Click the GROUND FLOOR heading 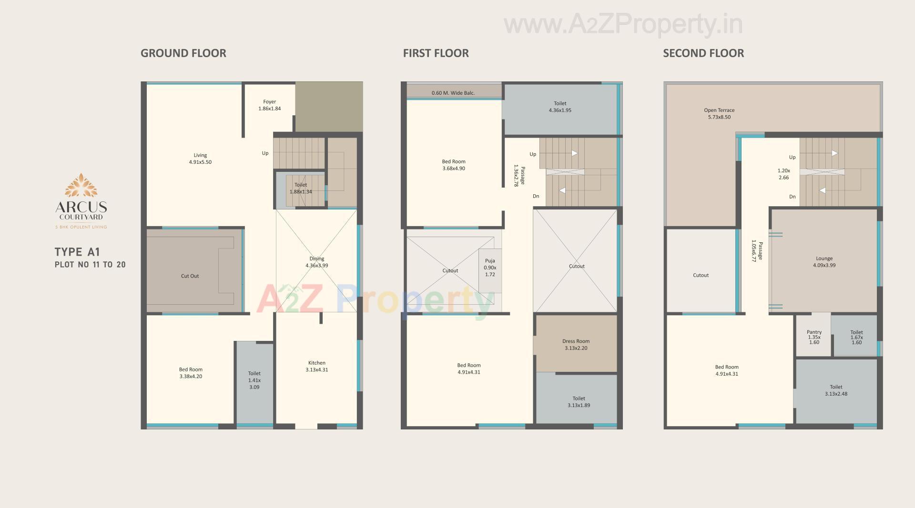click(183, 53)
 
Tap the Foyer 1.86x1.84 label click(269, 105)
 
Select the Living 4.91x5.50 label click(200, 159)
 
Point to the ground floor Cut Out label click(190, 276)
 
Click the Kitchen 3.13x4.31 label click(316, 366)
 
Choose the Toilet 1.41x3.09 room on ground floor click(254, 380)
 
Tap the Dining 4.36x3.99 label click(316, 262)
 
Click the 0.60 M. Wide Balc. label click(453, 93)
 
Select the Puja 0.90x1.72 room click(490, 268)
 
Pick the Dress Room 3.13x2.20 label click(576, 345)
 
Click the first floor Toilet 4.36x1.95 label click(560, 107)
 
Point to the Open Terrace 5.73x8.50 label click(719, 113)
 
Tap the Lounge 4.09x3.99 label click(824, 262)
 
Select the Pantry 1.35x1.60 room click(814, 337)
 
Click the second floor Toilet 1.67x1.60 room click(856, 337)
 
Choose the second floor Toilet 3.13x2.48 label click(836, 390)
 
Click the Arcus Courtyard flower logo click(81, 185)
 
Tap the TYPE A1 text click(77, 252)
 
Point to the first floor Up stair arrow click(574, 153)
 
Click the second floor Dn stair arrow click(823, 190)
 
